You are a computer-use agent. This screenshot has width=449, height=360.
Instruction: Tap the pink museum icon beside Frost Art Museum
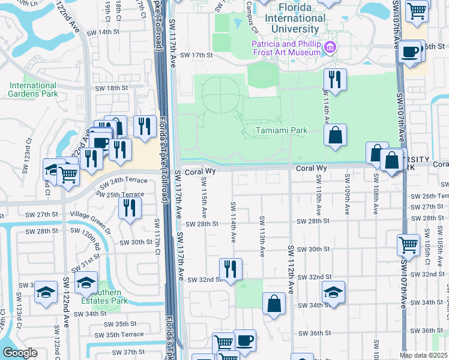point(330,47)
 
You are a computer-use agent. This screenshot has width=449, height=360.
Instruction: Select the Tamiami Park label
point(281,130)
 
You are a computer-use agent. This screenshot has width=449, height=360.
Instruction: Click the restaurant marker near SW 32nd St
point(230,268)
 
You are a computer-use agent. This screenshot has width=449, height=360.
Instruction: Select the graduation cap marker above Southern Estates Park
point(86,281)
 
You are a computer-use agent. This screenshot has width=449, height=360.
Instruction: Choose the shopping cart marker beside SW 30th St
point(408,244)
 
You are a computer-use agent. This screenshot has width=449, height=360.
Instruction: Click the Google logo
point(19,353)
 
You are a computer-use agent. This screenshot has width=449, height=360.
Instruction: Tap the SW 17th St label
point(192,55)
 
